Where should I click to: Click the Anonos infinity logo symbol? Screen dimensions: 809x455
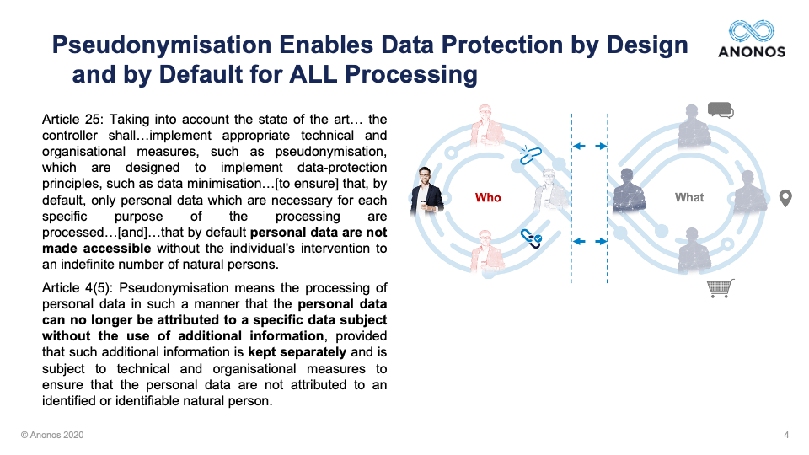coord(751,31)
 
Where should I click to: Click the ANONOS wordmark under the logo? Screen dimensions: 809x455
coord(752,52)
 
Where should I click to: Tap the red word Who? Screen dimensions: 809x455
coord(488,197)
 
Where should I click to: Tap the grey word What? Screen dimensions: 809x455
coord(689,197)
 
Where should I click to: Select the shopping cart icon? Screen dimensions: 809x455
coord(721,288)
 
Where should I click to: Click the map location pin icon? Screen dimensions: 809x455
coord(785,198)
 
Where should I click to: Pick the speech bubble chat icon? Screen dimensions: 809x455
coord(721,110)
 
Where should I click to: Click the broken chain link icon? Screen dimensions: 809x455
coord(530,155)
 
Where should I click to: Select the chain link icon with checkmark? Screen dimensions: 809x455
coord(531,238)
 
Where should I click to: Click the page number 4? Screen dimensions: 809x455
coord(786,435)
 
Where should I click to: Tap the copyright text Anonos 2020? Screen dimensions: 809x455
coord(52,435)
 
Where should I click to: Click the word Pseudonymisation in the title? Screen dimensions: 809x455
coord(162,45)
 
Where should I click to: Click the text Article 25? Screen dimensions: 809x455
coord(72,119)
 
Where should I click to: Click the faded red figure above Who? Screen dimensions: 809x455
coord(486,126)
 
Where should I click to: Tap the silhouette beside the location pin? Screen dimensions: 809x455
coord(750,191)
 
